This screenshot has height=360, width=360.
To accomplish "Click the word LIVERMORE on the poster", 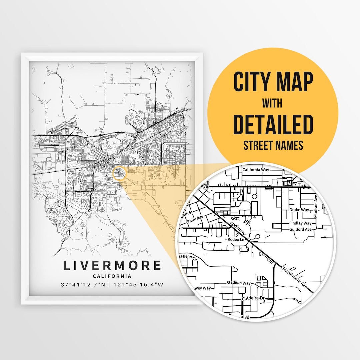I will pos(112,266).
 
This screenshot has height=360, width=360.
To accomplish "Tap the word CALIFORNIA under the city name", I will pos(112,276).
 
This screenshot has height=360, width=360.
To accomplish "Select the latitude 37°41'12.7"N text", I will pos(83,285).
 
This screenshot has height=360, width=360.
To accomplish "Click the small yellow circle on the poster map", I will pos(119,174).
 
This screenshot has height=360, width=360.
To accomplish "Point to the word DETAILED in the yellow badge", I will pos(273,124).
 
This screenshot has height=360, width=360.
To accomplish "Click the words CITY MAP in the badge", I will pos(273,82).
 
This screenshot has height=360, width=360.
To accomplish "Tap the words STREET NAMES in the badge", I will pos(273,146).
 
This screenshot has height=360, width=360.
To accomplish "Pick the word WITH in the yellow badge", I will pos(272,103).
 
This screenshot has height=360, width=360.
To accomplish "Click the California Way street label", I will pos(256,170).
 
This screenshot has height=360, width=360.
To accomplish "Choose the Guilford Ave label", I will pos(300,230).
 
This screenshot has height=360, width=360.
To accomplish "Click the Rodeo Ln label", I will pos(236,239).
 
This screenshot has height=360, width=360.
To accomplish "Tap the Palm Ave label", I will pos(195,219).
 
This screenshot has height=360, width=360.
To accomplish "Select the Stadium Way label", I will pos(238,283).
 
